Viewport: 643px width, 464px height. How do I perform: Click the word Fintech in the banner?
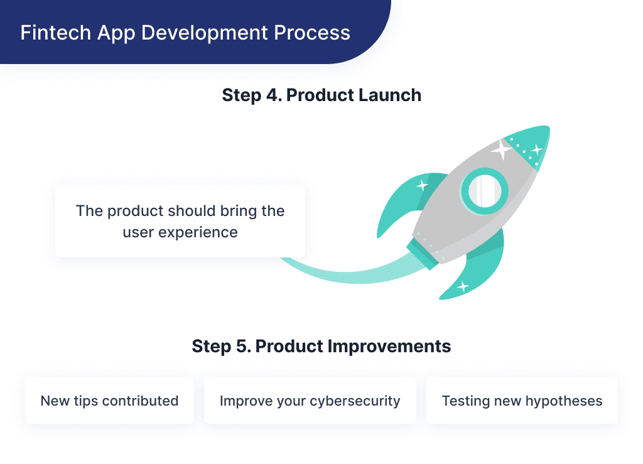pyautogui.click(x=49, y=33)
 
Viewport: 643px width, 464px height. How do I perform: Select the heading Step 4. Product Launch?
pyautogui.click(x=321, y=95)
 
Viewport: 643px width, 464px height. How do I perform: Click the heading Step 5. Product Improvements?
pyautogui.click(x=321, y=346)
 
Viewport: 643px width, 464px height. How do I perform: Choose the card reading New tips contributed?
pyautogui.click(x=109, y=401)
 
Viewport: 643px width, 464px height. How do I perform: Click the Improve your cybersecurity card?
pyautogui.click(x=310, y=401)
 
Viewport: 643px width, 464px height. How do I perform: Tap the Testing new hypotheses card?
pyautogui.click(x=522, y=401)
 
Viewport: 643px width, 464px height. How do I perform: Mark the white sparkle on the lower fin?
pyautogui.click(x=463, y=287)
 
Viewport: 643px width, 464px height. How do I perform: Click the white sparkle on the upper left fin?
pyautogui.click(x=422, y=185)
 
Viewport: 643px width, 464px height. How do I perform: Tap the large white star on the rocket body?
pyautogui.click(x=501, y=149)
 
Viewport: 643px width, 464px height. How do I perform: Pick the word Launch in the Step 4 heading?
pyautogui.click(x=389, y=95)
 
